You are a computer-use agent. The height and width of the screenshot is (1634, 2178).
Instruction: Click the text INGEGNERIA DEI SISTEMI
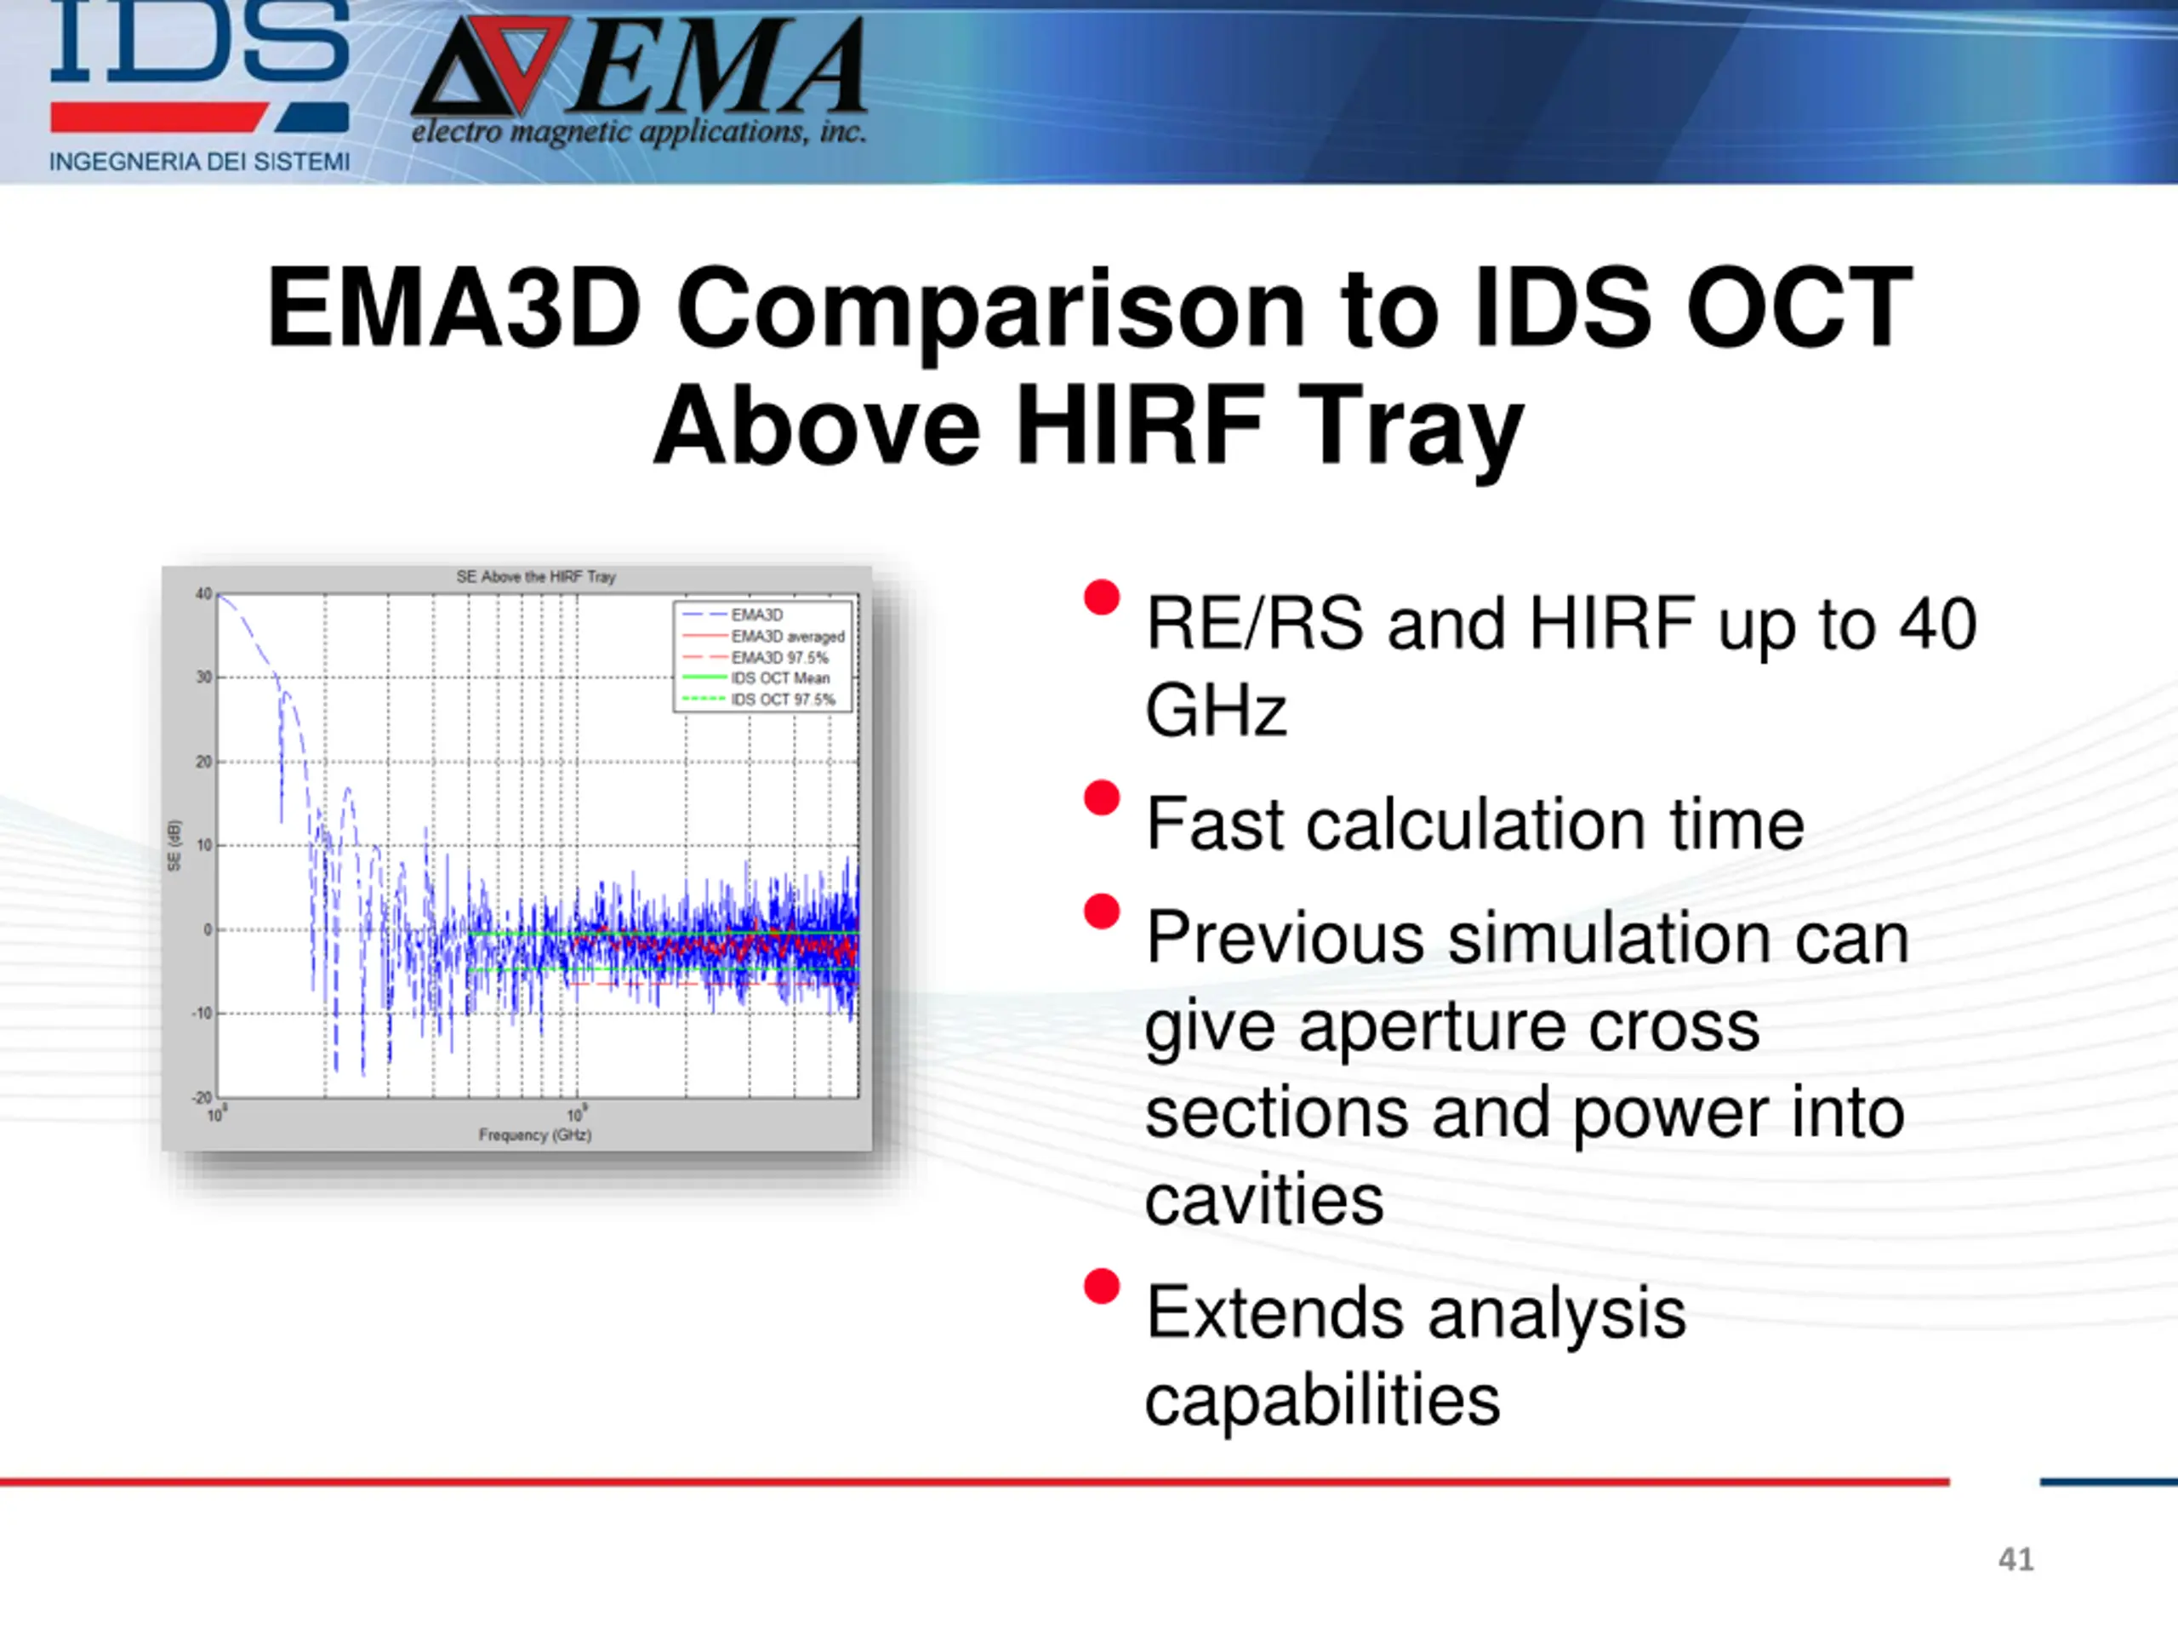pyautogui.click(x=199, y=162)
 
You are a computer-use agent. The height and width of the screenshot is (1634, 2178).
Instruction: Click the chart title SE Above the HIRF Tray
pyautogui.click(x=536, y=576)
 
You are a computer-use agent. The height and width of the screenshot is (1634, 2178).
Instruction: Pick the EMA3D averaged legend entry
pyautogui.click(x=764, y=637)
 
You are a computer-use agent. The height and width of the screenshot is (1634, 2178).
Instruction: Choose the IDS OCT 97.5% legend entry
pyautogui.click(x=759, y=700)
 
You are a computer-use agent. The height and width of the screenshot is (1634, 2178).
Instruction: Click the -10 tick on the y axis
pyautogui.click(x=201, y=1014)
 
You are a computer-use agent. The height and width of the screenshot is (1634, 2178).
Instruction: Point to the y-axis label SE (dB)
pyautogui.click(x=174, y=845)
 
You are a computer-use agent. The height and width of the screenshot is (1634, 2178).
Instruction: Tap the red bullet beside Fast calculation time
pyautogui.click(x=1102, y=797)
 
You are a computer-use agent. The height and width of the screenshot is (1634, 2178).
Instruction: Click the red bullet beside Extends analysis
pyautogui.click(x=1102, y=1285)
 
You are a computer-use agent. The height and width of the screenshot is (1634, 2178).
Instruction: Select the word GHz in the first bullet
pyautogui.click(x=1216, y=711)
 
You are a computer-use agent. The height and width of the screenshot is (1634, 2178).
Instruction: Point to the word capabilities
pyautogui.click(x=1322, y=1400)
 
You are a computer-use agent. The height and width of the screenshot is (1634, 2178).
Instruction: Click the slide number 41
pyautogui.click(x=2016, y=1559)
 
